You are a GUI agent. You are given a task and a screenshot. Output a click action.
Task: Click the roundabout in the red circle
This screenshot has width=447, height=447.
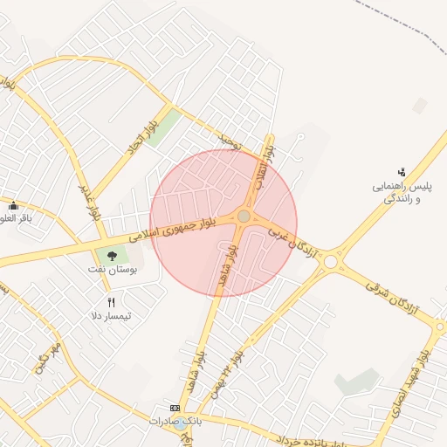[244, 217]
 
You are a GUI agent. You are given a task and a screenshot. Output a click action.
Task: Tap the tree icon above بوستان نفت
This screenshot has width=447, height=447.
[111, 255]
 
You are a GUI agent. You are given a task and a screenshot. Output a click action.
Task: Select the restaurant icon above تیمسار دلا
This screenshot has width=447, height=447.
[111, 302]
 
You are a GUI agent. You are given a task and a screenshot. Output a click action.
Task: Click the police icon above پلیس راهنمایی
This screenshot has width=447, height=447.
[402, 171]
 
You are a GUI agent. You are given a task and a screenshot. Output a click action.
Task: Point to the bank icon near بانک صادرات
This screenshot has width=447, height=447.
[175, 408]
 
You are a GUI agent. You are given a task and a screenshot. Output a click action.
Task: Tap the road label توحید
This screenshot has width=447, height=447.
[229, 139]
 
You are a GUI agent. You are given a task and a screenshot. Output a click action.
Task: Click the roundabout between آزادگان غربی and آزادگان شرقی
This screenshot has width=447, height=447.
[328, 262]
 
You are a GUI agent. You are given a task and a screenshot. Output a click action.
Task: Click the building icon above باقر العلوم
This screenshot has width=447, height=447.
[13, 205]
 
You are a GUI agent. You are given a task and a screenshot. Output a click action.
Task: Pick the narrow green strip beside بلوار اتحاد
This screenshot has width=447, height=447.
[163, 127]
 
